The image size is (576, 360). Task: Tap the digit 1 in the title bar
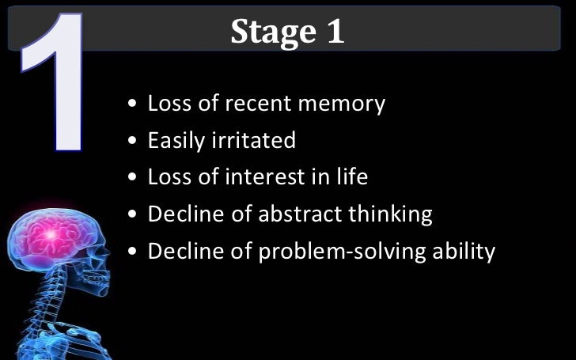click(334, 32)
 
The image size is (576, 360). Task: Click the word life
click(351, 176)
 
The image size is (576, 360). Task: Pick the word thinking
click(391, 214)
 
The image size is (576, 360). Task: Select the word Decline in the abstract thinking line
click(184, 214)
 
